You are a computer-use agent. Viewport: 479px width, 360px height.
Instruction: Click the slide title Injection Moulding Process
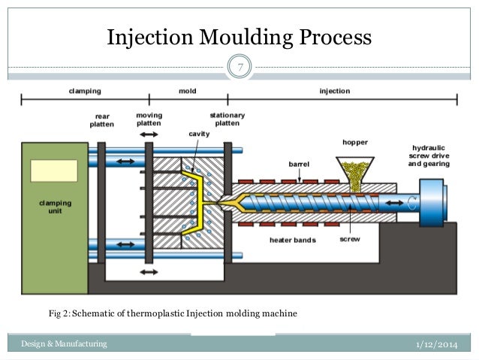(239, 37)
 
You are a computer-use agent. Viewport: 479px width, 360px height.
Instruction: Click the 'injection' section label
(335, 91)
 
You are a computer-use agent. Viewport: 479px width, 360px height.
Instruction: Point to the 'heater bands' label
(292, 241)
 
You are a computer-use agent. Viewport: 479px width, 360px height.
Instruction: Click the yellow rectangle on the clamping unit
(54, 171)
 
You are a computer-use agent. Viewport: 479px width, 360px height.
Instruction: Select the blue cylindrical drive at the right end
(434, 201)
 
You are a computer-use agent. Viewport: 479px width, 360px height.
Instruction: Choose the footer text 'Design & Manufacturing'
(64, 344)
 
